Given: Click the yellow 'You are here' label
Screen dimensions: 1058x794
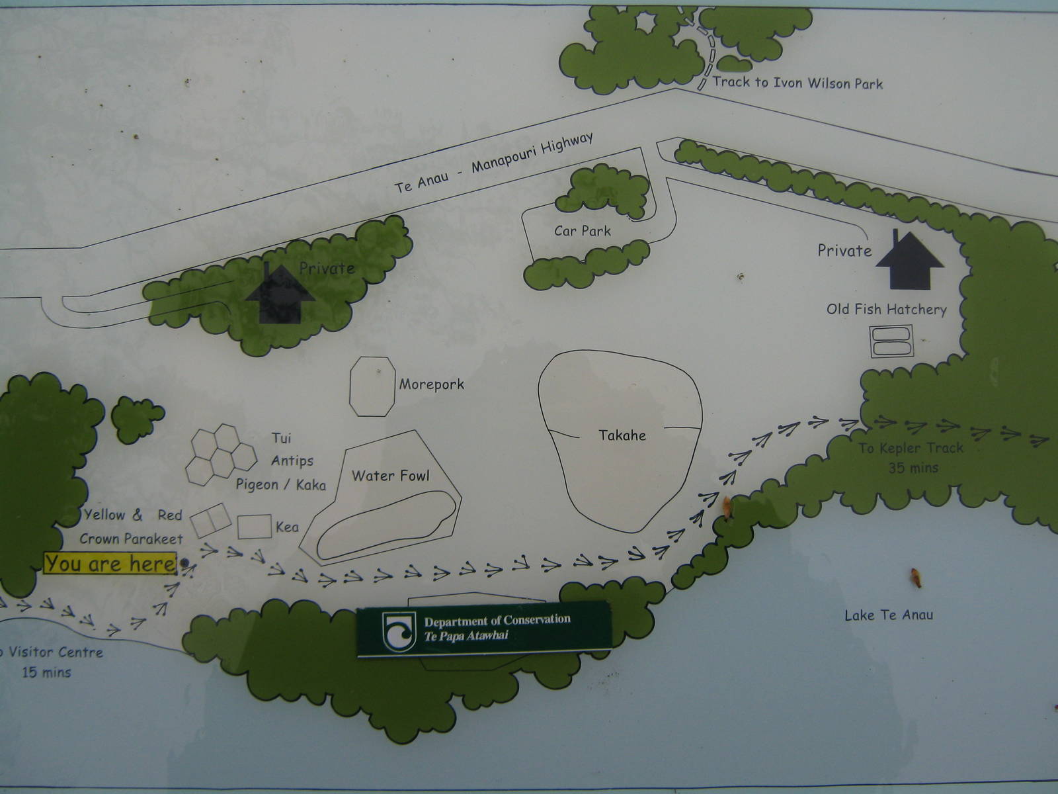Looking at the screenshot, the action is click(110, 564).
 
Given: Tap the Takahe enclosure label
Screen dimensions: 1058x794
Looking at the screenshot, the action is click(622, 435).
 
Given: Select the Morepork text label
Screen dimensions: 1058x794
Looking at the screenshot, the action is click(432, 384).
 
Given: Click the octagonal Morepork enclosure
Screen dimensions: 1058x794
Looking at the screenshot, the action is click(372, 386).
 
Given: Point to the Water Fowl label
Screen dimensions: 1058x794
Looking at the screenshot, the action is click(390, 476).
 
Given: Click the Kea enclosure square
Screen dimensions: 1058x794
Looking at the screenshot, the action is click(254, 527).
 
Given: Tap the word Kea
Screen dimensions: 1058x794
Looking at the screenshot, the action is click(288, 527).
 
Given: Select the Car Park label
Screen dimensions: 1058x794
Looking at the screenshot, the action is click(583, 231).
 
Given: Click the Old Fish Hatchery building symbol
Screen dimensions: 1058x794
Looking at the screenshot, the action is click(891, 341).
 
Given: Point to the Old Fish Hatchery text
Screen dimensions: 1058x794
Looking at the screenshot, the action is click(887, 309).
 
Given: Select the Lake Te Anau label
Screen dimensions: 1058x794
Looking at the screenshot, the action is click(889, 615).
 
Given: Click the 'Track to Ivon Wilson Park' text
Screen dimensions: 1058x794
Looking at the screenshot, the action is click(797, 83).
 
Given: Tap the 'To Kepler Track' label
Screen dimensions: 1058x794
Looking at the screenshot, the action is click(911, 449).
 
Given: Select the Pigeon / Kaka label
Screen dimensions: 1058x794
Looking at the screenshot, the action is click(281, 485).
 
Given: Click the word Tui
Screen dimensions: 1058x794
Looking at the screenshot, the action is click(281, 438).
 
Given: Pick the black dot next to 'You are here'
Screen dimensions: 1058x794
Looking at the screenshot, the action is click(184, 564).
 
